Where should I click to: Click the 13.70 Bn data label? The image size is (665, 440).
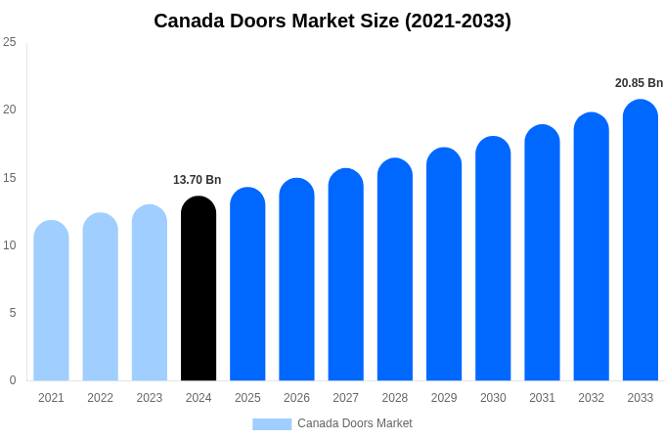(198, 180)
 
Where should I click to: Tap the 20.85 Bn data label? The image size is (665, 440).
(639, 83)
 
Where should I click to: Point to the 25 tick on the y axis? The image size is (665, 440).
(10, 42)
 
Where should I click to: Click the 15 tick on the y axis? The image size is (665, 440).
(10, 178)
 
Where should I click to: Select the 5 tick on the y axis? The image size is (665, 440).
(13, 313)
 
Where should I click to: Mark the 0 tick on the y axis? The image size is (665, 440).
(13, 380)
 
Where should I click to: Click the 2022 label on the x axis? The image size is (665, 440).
(100, 398)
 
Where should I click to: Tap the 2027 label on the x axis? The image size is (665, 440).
(345, 398)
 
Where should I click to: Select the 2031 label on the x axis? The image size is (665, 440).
(542, 398)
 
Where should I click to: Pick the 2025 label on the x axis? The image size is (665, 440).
(247, 398)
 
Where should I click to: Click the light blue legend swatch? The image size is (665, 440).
(272, 424)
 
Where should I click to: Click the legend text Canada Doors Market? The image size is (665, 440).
(355, 423)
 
